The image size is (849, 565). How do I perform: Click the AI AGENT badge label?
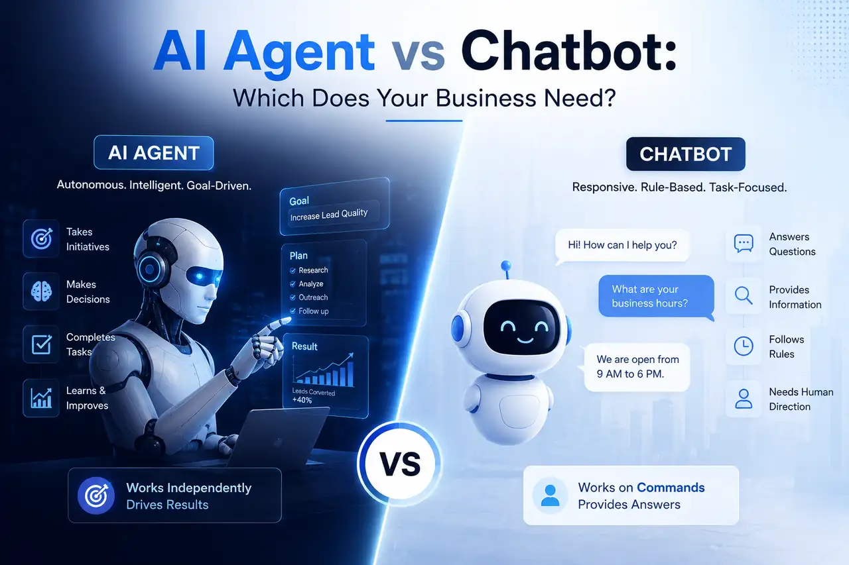click(x=153, y=153)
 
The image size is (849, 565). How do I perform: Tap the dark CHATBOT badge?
click(x=685, y=154)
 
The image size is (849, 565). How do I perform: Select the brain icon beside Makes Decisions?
click(x=41, y=291)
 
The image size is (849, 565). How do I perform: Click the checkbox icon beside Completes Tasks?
click(x=41, y=344)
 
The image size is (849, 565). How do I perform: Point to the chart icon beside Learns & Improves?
click(x=41, y=397)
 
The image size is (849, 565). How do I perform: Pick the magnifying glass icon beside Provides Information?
click(x=744, y=295)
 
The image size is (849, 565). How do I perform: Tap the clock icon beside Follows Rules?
click(x=744, y=346)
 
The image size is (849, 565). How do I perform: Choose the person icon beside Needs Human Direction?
click(x=744, y=399)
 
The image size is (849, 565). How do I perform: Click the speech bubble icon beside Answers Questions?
click(x=744, y=243)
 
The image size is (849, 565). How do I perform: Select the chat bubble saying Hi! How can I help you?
click(x=622, y=246)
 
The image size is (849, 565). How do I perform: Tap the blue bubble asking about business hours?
click(x=656, y=297)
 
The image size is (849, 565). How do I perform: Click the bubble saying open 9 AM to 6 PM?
click(x=636, y=367)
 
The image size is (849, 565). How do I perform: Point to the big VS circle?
click(x=399, y=464)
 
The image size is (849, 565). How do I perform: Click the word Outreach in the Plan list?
click(x=313, y=297)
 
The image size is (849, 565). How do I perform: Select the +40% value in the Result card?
click(x=302, y=399)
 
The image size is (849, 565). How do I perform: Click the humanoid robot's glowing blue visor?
click(x=204, y=276)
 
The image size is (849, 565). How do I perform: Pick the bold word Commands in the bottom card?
click(x=671, y=488)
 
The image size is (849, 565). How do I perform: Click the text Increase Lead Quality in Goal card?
click(x=329, y=215)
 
